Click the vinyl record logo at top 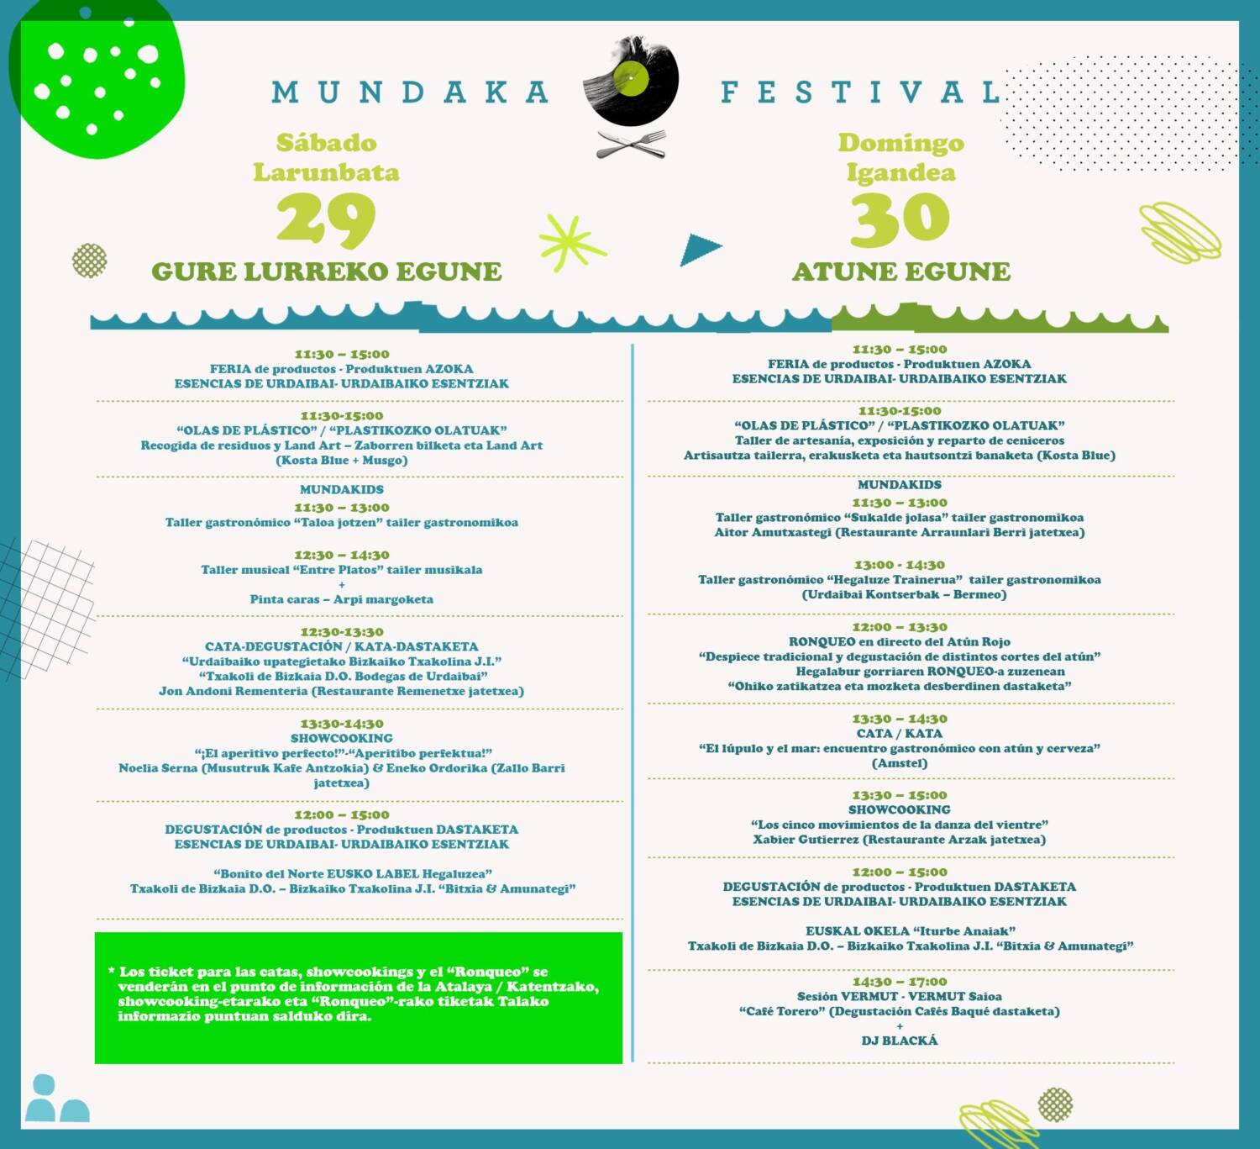[x=631, y=81]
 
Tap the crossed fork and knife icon [x=631, y=144]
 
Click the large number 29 [x=326, y=219]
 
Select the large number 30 [x=900, y=219]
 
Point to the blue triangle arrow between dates [x=700, y=250]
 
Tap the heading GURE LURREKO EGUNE [x=326, y=271]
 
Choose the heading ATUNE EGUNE [x=900, y=271]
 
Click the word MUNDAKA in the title [x=410, y=92]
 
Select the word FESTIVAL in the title [x=860, y=92]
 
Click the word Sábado [x=326, y=143]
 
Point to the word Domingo [x=900, y=143]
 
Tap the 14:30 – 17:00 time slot [x=899, y=982]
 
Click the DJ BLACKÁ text [x=899, y=1041]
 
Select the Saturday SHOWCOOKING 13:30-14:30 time [x=341, y=724]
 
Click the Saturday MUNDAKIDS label [x=341, y=489]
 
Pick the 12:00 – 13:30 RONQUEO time [x=899, y=627]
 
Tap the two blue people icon [x=56, y=1099]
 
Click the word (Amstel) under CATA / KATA [x=899, y=763]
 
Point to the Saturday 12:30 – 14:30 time [x=341, y=555]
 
